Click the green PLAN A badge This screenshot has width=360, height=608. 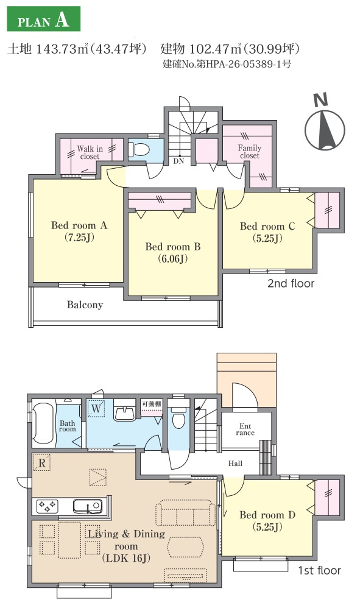coord(43,19)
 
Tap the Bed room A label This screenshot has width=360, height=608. coord(79,231)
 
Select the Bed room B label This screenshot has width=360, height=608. coord(173,252)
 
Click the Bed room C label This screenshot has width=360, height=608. coord(267,232)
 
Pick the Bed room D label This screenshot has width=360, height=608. coord(267,521)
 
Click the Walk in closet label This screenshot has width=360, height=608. coord(90,152)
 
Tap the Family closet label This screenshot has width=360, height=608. coord(250,152)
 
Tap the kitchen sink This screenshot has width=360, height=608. coord(88,506)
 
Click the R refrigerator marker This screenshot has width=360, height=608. coord(42,462)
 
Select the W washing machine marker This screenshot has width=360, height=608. coord(96,408)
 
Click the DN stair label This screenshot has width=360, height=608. coord(178,161)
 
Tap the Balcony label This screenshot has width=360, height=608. coord(85,305)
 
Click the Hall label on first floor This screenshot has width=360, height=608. coord(235,464)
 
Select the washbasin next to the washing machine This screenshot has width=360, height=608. coord(124,412)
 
